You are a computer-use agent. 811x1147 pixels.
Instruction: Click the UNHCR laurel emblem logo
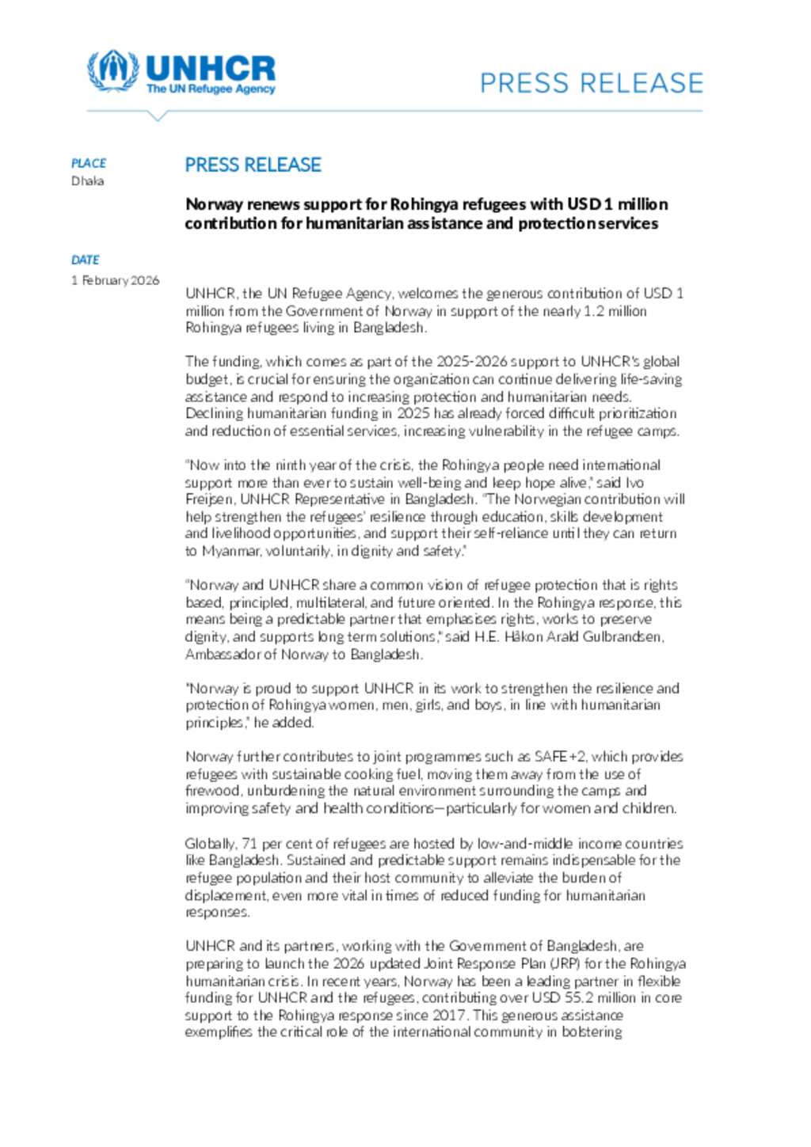112,70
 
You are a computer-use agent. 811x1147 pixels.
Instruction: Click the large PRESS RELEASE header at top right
591,83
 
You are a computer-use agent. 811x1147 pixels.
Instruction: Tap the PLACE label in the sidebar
89,163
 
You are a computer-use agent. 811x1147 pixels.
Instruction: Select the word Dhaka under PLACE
88,180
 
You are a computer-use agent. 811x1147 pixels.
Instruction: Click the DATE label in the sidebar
86,260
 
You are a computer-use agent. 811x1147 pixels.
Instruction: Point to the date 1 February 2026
116,280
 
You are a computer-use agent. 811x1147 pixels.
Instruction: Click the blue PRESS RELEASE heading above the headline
253,165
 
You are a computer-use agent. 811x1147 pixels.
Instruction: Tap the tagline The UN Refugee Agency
211,89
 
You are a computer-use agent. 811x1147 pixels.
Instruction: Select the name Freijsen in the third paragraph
209,499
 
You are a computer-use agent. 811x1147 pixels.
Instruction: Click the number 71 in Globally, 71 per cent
249,843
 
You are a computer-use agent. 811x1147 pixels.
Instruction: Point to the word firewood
212,791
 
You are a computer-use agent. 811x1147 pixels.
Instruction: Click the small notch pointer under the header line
158,116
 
